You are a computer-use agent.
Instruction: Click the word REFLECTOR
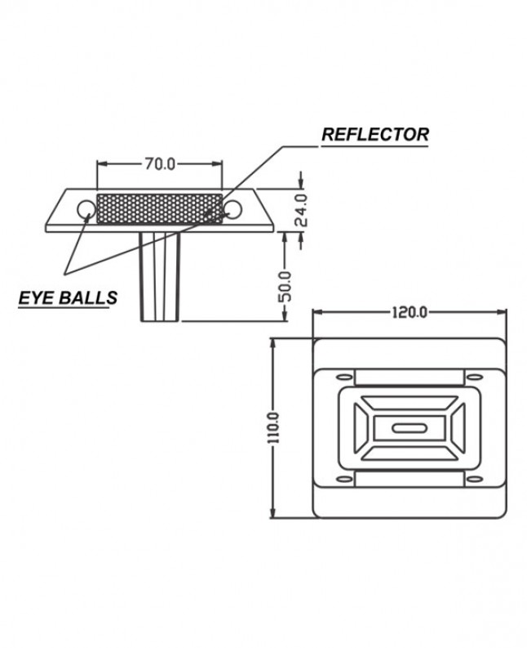tap(374, 135)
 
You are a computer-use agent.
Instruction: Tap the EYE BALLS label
tap(68, 297)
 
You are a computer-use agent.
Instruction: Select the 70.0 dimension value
tap(160, 163)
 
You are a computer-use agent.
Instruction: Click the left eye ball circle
tap(86, 210)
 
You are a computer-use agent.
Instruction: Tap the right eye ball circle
tap(232, 210)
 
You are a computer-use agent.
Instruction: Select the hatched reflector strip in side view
tap(159, 208)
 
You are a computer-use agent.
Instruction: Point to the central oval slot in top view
tap(408, 428)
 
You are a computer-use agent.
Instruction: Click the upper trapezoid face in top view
tap(408, 404)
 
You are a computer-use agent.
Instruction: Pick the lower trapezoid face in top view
tap(408, 452)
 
